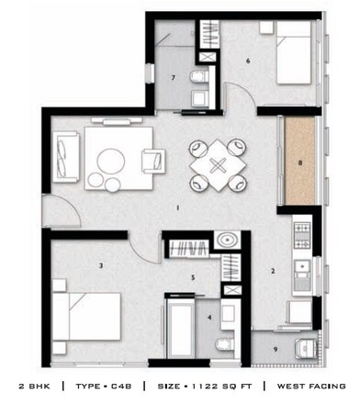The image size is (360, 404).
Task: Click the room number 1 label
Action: (177, 208)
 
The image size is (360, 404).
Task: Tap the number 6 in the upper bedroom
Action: (248, 62)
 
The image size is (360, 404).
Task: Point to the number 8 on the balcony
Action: (299, 165)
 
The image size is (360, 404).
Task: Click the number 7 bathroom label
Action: (174, 77)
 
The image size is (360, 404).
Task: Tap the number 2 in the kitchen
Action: (273, 271)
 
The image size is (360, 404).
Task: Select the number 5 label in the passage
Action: (193, 276)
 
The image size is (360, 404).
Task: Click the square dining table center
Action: (218, 165)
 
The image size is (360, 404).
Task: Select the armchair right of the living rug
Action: (153, 162)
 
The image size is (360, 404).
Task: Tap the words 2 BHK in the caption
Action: (32, 386)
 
